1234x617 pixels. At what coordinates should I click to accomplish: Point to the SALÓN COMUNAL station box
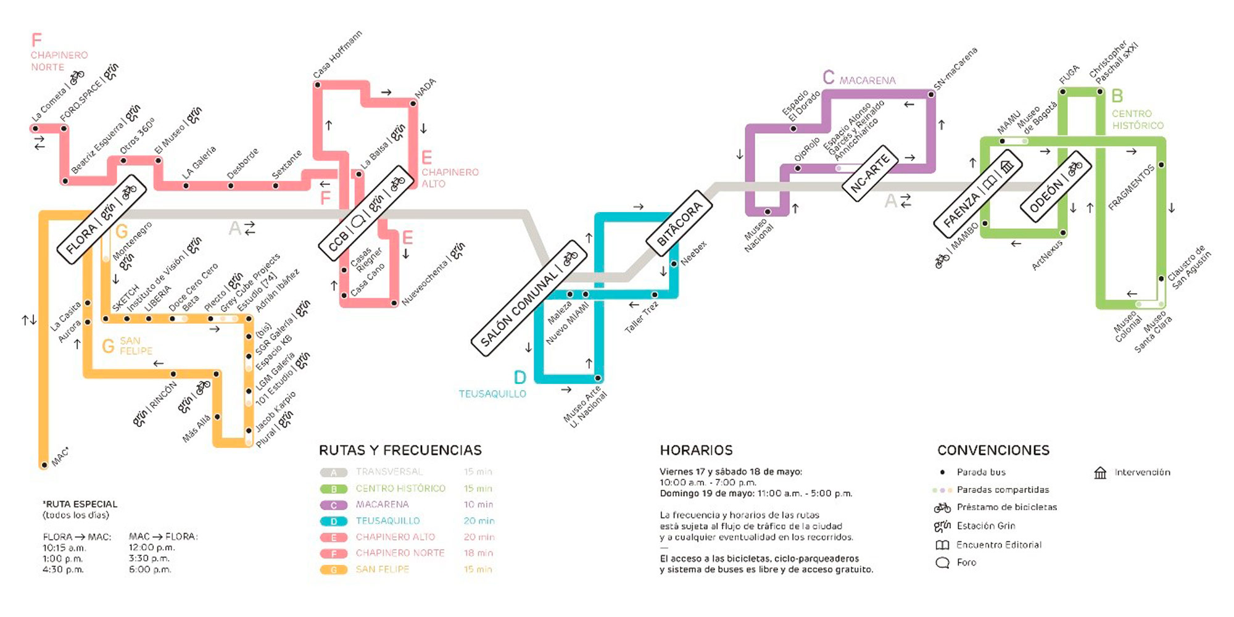click(x=529, y=298)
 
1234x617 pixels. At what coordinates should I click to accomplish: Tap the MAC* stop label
click(x=60, y=457)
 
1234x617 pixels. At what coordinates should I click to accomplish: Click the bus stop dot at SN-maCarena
click(x=931, y=94)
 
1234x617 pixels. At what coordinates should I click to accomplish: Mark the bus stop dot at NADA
click(x=413, y=104)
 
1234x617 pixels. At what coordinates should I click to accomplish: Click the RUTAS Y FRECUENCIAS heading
click(x=400, y=450)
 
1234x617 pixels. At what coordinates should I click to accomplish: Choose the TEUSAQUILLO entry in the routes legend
click(x=387, y=521)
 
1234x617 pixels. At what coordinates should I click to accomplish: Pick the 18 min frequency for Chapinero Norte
click(x=478, y=553)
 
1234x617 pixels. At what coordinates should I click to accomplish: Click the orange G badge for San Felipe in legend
click(x=334, y=569)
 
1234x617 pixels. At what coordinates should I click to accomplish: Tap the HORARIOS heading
click(x=696, y=450)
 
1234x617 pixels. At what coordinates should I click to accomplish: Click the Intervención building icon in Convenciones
click(x=1100, y=473)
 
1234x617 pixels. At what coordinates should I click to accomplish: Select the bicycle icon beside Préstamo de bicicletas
click(x=942, y=508)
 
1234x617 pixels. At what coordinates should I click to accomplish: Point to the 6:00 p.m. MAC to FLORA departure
click(x=150, y=569)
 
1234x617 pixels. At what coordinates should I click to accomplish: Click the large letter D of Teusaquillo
click(x=520, y=378)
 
